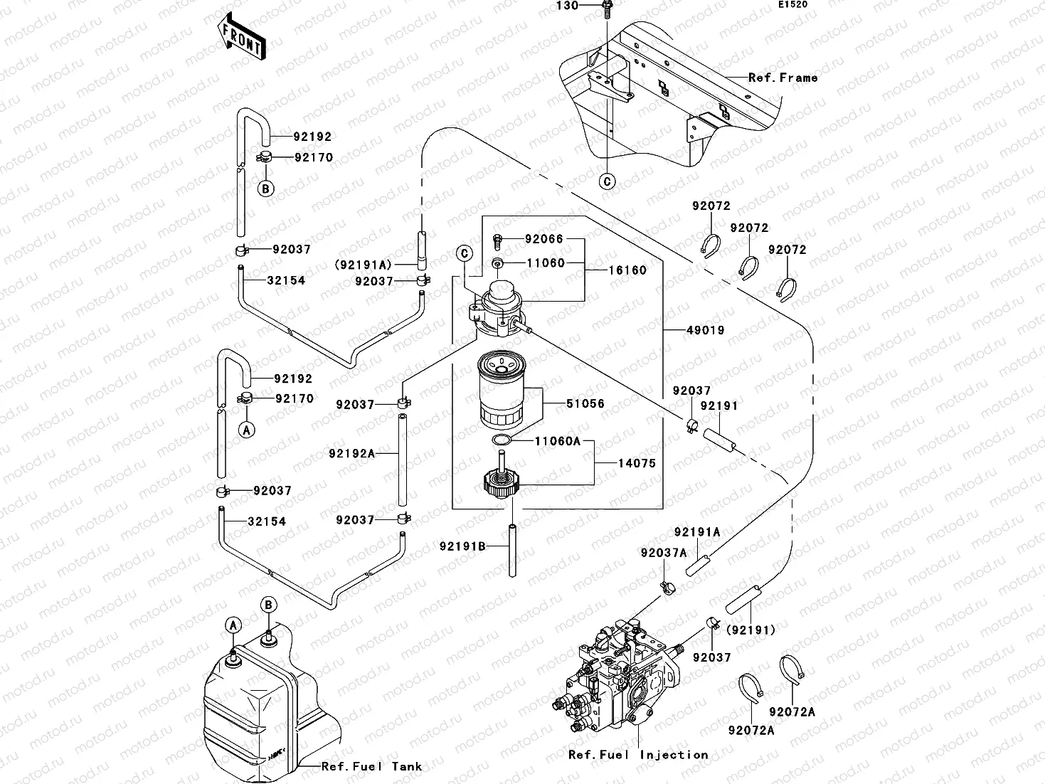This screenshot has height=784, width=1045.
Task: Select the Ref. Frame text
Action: click(x=783, y=78)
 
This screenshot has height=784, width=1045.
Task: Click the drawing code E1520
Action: click(x=792, y=5)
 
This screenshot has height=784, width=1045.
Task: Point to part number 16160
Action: click(x=627, y=270)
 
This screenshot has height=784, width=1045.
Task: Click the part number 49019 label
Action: click(x=705, y=331)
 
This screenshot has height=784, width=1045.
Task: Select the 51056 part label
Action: click(x=585, y=404)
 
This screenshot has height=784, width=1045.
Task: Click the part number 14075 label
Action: click(x=636, y=464)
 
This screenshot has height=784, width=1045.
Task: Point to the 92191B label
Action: click(x=462, y=546)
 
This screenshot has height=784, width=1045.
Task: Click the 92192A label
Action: click(x=351, y=453)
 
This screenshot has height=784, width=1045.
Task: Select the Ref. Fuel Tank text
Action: click(x=371, y=767)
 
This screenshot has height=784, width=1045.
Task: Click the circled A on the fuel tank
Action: click(x=233, y=625)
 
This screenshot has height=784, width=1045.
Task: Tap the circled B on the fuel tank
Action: click(x=268, y=605)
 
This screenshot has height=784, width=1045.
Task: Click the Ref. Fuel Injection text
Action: click(x=638, y=755)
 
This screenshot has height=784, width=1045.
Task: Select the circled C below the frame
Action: click(x=607, y=182)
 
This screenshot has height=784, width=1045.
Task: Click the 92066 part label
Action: click(x=544, y=240)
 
